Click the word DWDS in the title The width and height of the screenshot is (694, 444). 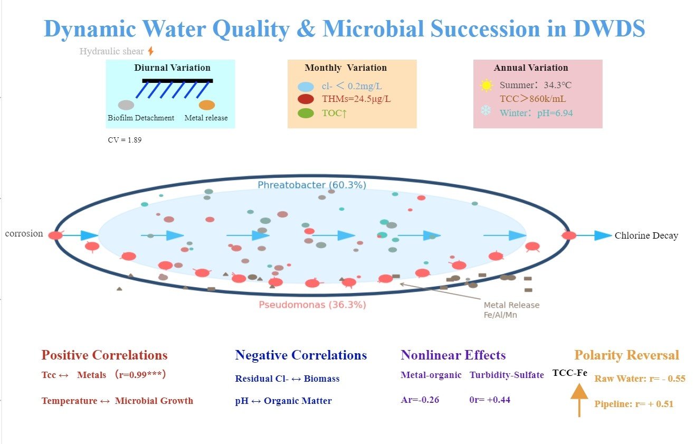pos(609,29)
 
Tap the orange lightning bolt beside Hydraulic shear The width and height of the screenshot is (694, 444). pos(151,51)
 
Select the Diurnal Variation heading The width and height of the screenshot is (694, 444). pos(172,68)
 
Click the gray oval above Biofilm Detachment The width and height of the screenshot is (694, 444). pos(126,105)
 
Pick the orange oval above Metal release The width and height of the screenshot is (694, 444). pos(207,105)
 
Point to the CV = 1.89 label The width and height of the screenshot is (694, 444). pos(125,140)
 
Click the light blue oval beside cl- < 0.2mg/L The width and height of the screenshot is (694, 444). pos(306,87)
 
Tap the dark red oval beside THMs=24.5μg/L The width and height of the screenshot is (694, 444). pos(306,99)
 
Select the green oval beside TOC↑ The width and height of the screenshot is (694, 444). pos(306,113)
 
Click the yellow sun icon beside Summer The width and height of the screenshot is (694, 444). pos(486,85)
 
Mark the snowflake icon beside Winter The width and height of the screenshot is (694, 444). pos(486,110)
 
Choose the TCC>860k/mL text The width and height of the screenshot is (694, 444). pos(533,99)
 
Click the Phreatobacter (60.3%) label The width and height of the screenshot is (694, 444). pos(312,185)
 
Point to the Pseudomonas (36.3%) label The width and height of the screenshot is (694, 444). pos(312,305)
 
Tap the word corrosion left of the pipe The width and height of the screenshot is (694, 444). pos(24,233)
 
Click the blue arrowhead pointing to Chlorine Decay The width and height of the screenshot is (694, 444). pos(603,235)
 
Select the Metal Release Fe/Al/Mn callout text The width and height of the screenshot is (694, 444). pos(511,310)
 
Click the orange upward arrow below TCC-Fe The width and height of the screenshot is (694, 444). pos(579,400)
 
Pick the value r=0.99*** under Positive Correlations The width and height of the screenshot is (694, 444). pos(140,375)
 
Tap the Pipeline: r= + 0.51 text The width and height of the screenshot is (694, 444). pos(634,404)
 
